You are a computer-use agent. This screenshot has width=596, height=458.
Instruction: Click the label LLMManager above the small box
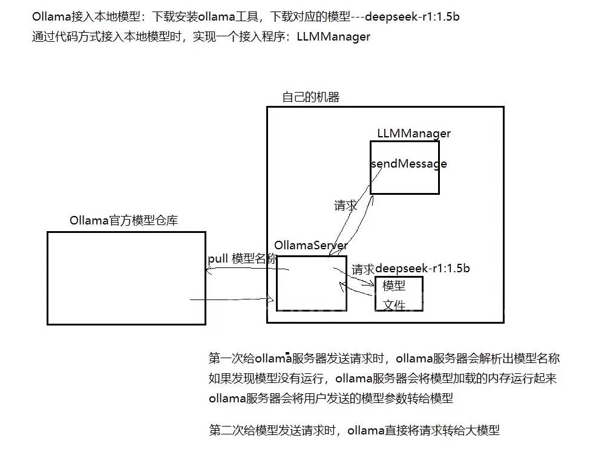pyautogui.click(x=413, y=133)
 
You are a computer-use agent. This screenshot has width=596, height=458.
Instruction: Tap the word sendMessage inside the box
pyautogui.click(x=409, y=164)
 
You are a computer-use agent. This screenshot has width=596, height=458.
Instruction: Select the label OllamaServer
pyautogui.click(x=310, y=245)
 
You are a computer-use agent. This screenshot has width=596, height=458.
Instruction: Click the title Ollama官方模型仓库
pyautogui.click(x=123, y=220)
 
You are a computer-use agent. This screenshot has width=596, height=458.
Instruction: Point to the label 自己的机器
pyautogui.click(x=310, y=97)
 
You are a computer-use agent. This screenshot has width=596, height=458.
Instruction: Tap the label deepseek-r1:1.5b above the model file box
pyautogui.click(x=423, y=268)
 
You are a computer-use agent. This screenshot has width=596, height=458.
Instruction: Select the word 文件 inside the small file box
pyautogui.click(x=394, y=305)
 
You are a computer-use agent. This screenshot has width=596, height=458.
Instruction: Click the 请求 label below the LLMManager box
pyautogui.click(x=345, y=206)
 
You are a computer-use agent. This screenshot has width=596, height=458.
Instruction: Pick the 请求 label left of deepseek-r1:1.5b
pyautogui.click(x=363, y=270)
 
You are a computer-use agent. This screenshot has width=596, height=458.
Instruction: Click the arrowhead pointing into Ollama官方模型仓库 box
pyautogui.click(x=209, y=271)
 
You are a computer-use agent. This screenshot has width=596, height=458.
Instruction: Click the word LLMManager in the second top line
pyautogui.click(x=333, y=37)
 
